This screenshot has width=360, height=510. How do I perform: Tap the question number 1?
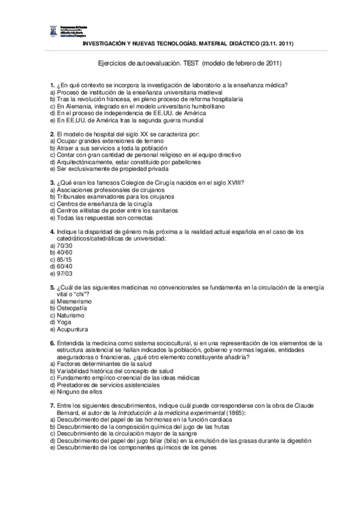[52, 85]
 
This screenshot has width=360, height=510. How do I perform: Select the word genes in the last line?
[207, 447]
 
